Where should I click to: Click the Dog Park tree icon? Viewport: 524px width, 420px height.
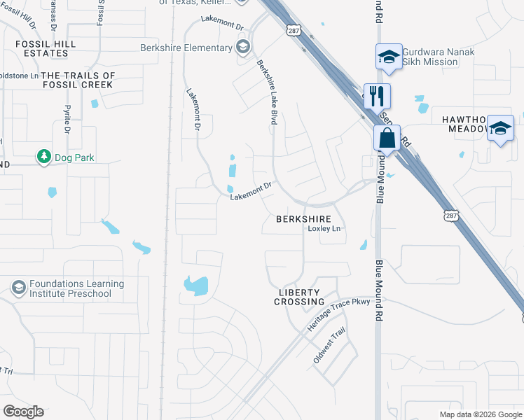click(x=44, y=157)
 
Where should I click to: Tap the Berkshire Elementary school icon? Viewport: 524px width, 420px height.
click(x=243, y=48)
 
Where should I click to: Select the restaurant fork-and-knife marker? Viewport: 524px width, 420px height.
click(x=378, y=95)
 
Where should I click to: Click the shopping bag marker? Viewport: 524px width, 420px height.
click(x=387, y=139)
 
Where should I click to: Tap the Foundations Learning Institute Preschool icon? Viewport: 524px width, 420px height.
click(x=18, y=288)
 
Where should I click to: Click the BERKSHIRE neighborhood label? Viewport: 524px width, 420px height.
click(x=303, y=219)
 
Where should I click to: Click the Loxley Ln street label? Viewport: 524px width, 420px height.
click(x=324, y=229)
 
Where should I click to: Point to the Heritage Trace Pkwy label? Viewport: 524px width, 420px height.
click(x=338, y=316)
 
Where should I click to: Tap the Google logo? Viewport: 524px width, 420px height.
click(x=23, y=412)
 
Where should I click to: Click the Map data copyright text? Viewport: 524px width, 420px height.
click(x=479, y=414)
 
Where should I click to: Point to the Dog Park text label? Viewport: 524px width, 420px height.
click(x=75, y=157)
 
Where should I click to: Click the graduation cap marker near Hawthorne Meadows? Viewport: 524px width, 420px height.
click(x=500, y=129)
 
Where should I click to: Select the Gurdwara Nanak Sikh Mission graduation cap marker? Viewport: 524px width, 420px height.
click(x=388, y=57)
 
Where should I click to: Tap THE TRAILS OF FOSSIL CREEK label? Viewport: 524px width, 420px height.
click(x=78, y=80)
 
